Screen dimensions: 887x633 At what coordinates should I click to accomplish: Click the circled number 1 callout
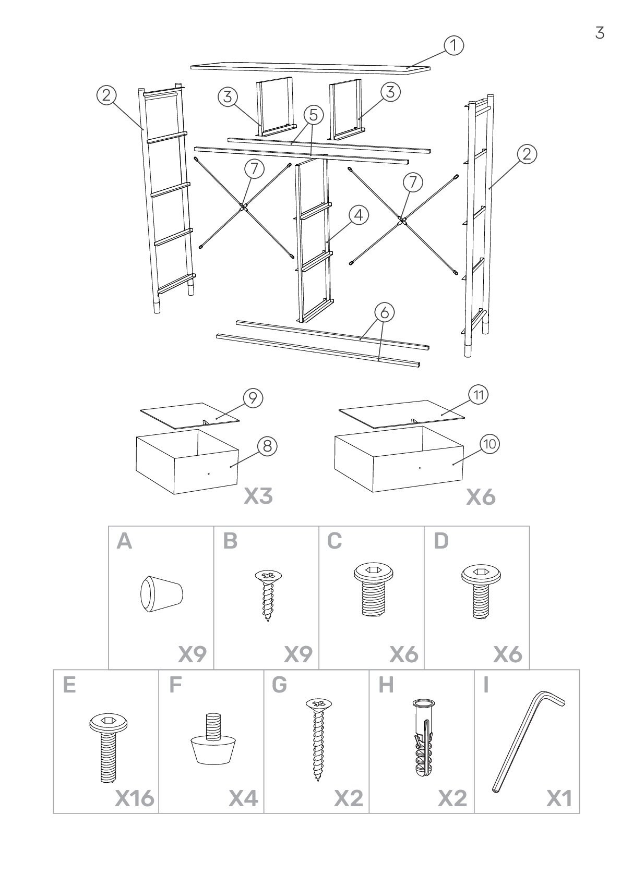pyautogui.click(x=454, y=45)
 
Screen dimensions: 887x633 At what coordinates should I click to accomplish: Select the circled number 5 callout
pyautogui.click(x=313, y=114)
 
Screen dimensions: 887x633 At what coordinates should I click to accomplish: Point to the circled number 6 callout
pyautogui.click(x=385, y=312)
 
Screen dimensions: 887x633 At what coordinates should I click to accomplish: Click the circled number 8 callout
pyautogui.click(x=267, y=446)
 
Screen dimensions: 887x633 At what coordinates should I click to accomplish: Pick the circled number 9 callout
pyautogui.click(x=253, y=398)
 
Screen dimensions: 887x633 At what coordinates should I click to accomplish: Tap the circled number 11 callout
pyautogui.click(x=478, y=395)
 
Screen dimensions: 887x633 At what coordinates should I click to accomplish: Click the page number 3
pyautogui.click(x=600, y=33)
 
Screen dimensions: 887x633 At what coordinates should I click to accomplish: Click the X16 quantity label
pyautogui.click(x=134, y=812)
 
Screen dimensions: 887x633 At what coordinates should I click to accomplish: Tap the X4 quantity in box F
pyautogui.click(x=244, y=812)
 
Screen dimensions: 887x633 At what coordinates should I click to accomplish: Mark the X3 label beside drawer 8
pyautogui.click(x=258, y=496)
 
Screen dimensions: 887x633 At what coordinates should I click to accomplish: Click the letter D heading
pyautogui.click(x=441, y=541)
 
